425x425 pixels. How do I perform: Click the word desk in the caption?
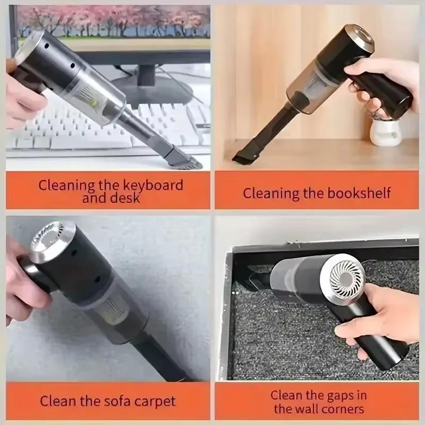click(x=126, y=199)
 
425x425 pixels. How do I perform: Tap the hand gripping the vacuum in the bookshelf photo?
click(x=377, y=80)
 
